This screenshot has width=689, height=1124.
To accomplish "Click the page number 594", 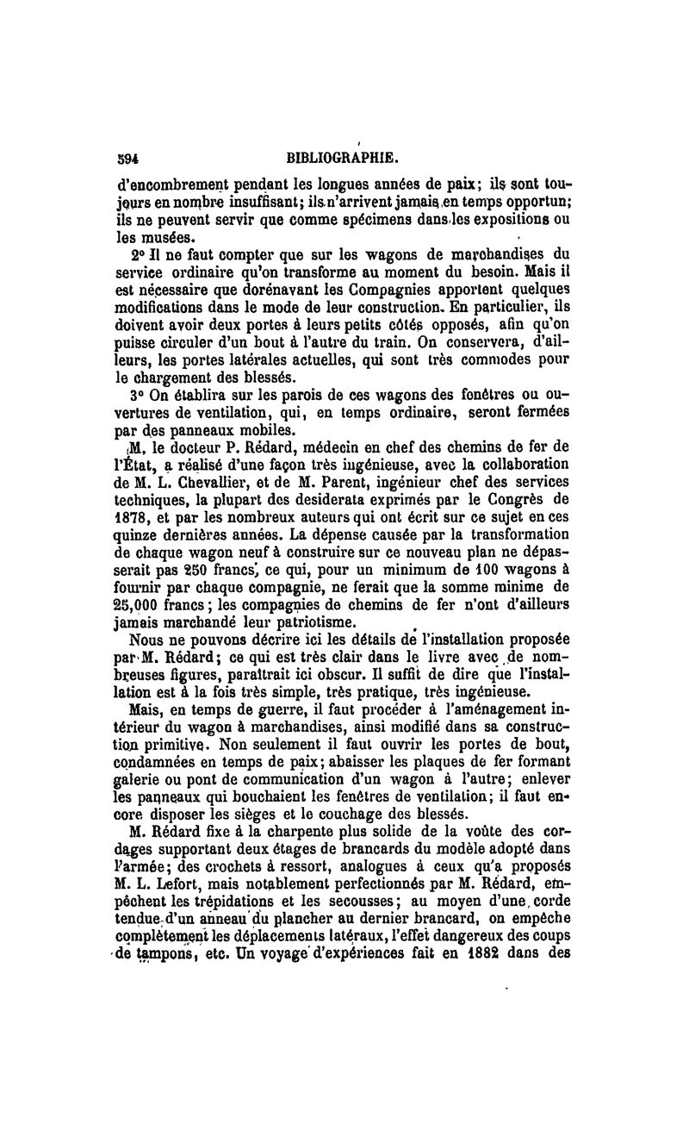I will click(x=128, y=158).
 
